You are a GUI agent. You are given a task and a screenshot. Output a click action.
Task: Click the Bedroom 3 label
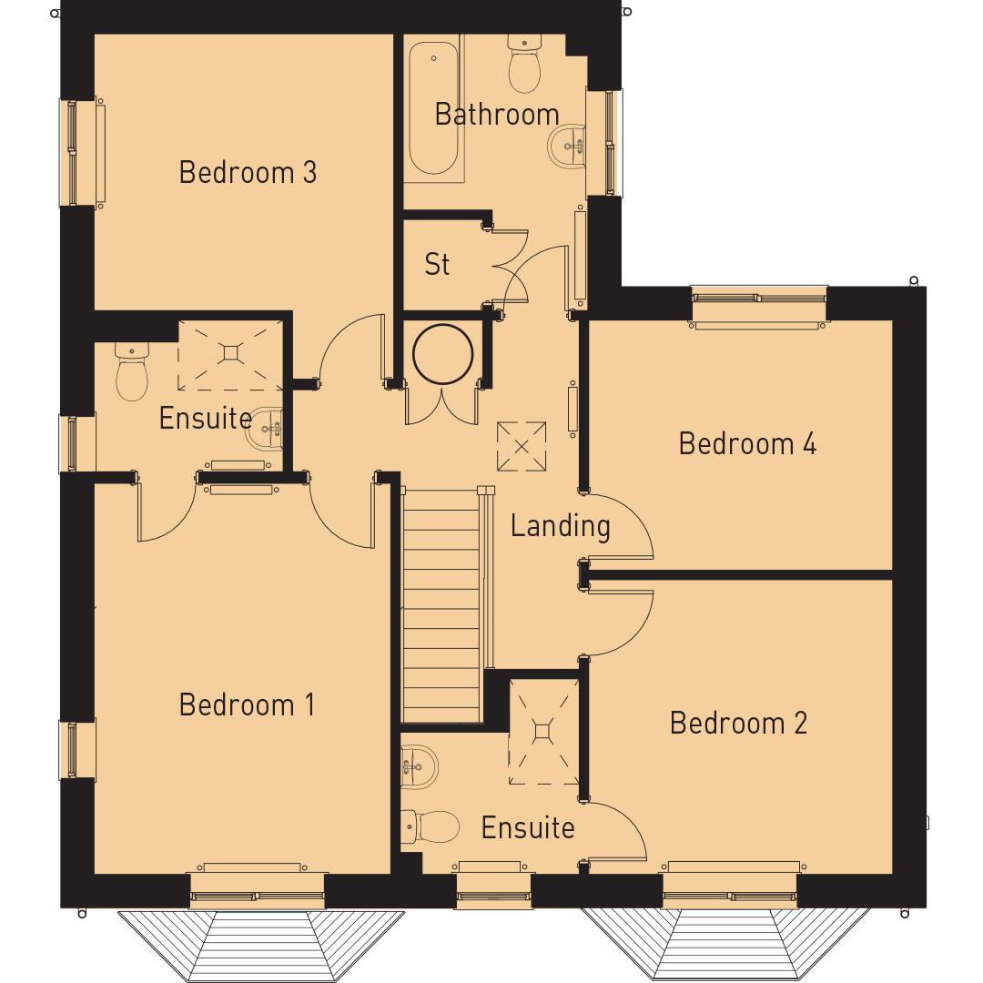point(248,172)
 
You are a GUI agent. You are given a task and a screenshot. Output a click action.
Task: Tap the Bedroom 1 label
point(247,704)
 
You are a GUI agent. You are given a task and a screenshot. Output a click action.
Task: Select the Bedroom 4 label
point(747,443)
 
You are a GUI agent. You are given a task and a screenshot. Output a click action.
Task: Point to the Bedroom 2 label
point(738,723)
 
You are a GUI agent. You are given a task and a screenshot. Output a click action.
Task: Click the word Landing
point(560,525)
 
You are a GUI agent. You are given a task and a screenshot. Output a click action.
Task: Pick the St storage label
point(437,264)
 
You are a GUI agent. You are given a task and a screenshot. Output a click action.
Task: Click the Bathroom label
point(496,115)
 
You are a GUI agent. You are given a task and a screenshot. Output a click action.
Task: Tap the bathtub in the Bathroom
point(433,105)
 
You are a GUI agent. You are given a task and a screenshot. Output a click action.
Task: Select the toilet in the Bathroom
point(525,66)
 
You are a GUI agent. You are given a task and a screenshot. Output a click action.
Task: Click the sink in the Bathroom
point(567,144)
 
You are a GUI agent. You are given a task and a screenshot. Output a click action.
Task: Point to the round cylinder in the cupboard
point(442,353)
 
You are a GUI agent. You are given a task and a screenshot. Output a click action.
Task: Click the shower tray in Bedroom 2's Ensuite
point(542,730)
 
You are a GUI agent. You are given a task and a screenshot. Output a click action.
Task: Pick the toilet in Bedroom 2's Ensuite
point(431,826)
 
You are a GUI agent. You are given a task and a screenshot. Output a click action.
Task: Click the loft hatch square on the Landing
point(522,446)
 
